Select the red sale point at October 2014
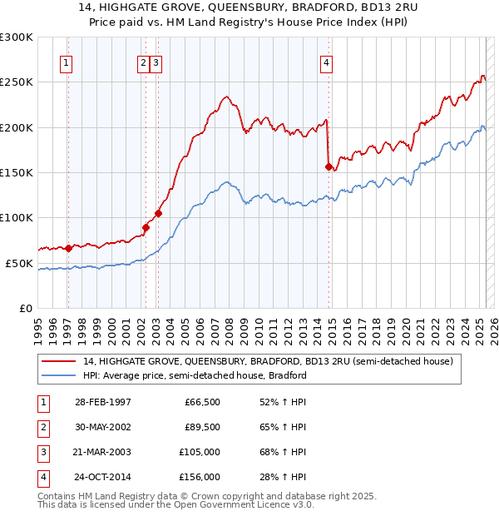coord(329,166)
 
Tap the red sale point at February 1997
coord(69,248)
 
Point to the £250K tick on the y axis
coord(17,82)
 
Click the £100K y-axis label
coord(17,217)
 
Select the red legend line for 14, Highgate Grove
coord(59,361)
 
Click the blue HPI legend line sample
coord(59,375)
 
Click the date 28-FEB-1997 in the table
coord(102,401)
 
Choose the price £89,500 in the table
coord(202,427)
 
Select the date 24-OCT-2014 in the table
coord(102,477)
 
